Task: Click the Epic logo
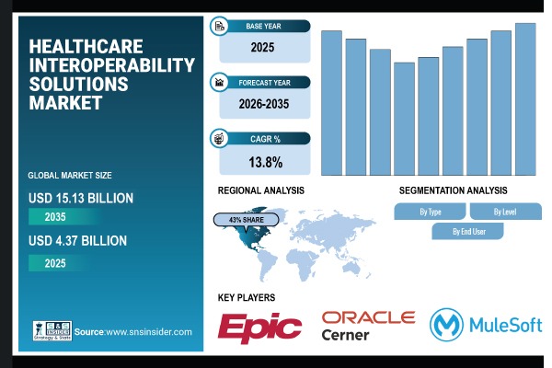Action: click(259, 327)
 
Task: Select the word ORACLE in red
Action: click(368, 317)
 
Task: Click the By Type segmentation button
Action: click(430, 212)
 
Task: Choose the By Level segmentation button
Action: click(505, 212)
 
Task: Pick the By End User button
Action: click(467, 231)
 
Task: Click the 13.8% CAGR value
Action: click(264, 163)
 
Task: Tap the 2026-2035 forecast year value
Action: click(264, 105)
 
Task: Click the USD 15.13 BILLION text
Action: click(82, 197)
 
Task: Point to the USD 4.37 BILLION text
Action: click(78, 241)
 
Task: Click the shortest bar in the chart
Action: click(404, 119)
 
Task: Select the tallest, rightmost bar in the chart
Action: click(525, 98)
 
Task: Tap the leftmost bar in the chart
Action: click(331, 102)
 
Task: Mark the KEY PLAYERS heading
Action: click(247, 297)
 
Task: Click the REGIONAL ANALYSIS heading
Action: click(260, 190)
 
